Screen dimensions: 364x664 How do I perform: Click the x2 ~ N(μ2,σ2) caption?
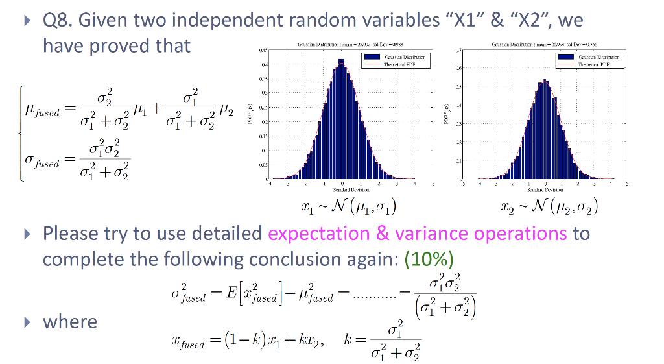(x=549, y=208)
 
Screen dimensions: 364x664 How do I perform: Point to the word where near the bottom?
(x=70, y=322)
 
